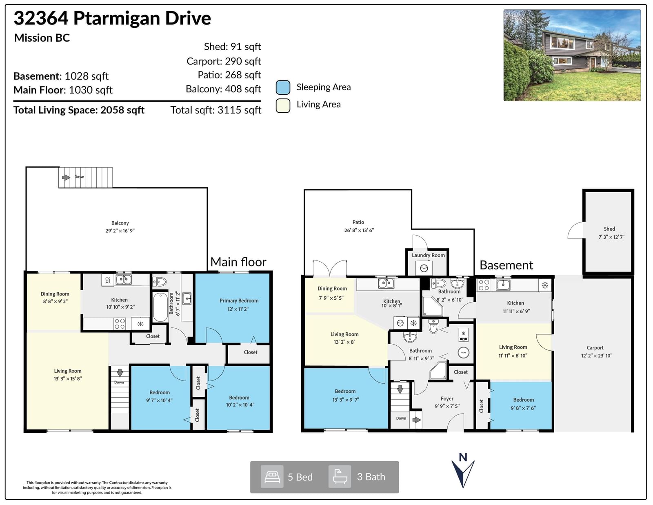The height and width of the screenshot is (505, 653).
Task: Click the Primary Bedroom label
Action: click(x=239, y=300)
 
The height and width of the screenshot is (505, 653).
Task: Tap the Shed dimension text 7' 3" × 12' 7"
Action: click(x=611, y=237)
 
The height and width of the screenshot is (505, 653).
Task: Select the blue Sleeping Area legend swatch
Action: click(x=283, y=87)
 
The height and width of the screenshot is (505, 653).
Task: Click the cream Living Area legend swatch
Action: click(x=283, y=105)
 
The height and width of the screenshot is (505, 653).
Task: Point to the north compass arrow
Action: click(x=463, y=472)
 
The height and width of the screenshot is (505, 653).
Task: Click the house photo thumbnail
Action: click(x=572, y=55)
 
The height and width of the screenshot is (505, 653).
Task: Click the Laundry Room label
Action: click(x=428, y=255)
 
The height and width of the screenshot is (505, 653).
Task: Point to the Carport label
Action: click(x=595, y=347)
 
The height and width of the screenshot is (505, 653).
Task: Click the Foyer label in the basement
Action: click(x=447, y=398)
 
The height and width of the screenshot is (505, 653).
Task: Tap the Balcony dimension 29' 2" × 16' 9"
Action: click(x=120, y=231)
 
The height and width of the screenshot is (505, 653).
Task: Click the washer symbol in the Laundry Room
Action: click(x=424, y=268)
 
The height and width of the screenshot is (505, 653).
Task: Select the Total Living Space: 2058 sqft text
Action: click(x=79, y=110)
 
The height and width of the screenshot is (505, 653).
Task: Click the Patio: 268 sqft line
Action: click(x=229, y=75)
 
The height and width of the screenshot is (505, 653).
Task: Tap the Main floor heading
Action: click(x=238, y=262)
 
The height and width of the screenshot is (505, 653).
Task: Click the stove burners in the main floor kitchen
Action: click(x=120, y=324)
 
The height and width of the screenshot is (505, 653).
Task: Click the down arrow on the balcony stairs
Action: click(x=66, y=177)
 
